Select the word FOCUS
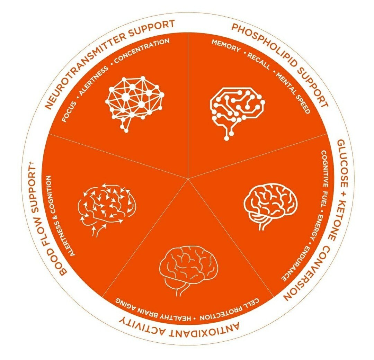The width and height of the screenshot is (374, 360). pos(69,112)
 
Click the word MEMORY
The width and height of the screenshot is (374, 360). pos(226,45)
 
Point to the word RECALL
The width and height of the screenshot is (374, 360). pos(259,61)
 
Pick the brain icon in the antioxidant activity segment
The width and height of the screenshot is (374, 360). pos(188,271)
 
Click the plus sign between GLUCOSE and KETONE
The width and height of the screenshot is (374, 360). pos(343,193)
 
